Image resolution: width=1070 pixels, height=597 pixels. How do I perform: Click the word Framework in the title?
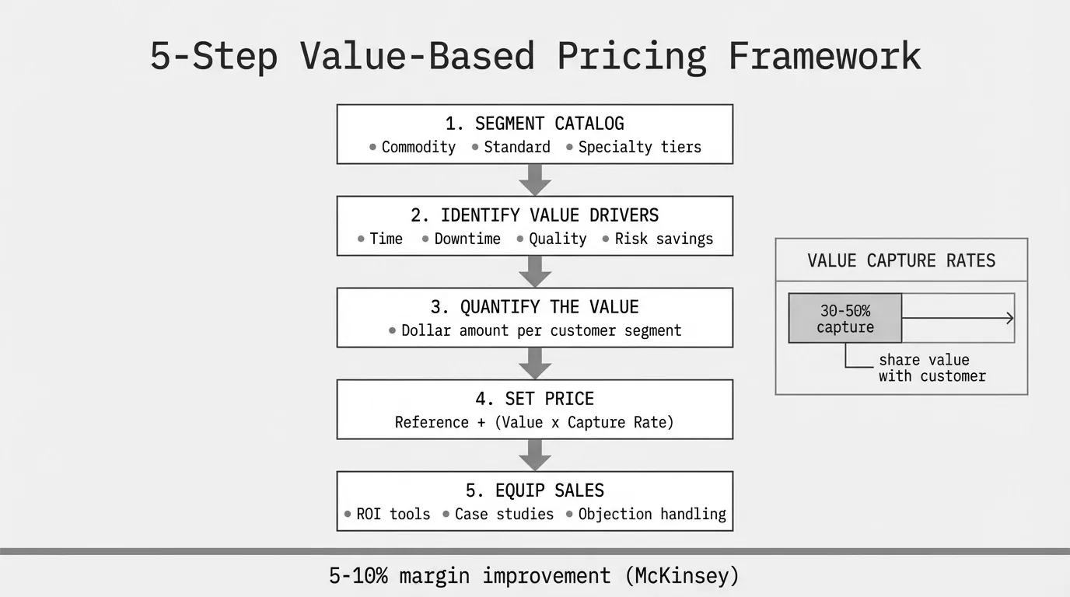tap(824, 56)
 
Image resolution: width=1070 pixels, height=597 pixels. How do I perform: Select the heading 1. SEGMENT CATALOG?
tap(534, 124)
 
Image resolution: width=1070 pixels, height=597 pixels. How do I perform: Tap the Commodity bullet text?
tap(418, 147)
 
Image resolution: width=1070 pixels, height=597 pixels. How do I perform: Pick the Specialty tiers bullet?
tap(639, 147)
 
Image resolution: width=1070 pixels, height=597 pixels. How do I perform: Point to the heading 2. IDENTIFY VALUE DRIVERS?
tap(534, 215)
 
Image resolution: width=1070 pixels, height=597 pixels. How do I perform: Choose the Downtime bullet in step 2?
tap(467, 239)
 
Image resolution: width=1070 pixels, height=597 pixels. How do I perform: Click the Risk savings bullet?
tap(663, 239)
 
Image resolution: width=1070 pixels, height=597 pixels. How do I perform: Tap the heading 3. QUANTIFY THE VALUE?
tap(534, 307)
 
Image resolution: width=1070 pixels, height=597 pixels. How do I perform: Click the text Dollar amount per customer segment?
tap(540, 330)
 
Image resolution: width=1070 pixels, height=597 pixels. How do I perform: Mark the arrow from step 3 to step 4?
tap(535, 363)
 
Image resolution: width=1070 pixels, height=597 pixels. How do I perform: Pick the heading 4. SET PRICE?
tap(534, 399)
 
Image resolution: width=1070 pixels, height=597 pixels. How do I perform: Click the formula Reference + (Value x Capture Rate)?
tap(534, 422)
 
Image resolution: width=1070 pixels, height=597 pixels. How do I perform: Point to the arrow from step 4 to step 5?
tap(535, 455)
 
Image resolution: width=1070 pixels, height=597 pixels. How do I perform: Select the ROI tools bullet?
tap(393, 514)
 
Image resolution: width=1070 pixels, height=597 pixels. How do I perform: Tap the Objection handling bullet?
tap(652, 514)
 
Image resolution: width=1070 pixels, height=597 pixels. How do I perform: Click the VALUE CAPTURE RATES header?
tap(901, 260)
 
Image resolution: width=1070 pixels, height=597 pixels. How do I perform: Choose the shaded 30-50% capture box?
tap(845, 319)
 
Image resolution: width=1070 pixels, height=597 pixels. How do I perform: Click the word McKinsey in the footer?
tap(681, 576)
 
